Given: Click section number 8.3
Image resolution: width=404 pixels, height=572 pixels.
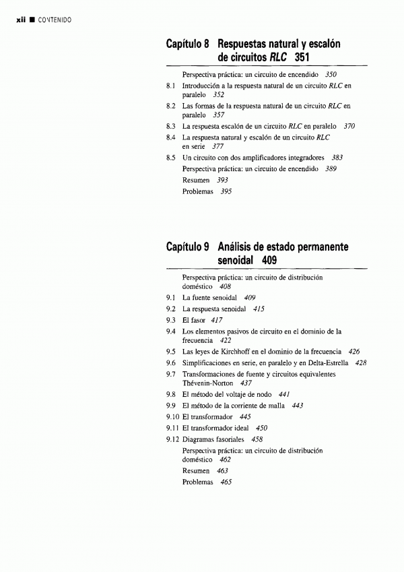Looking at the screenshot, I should click(171, 126).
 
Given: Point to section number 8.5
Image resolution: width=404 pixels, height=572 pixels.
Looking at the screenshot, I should click(171, 158).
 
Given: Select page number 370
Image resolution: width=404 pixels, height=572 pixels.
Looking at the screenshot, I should click(349, 126).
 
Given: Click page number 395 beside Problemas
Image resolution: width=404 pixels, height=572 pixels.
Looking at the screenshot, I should click(226, 192).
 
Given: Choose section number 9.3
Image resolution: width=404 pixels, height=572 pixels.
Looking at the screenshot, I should click(171, 319).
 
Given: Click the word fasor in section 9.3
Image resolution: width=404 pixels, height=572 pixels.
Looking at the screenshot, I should click(198, 319).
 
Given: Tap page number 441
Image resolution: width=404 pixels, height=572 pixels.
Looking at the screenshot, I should click(284, 394).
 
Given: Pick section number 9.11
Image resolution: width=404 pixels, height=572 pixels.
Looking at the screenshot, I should click(172, 428).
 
